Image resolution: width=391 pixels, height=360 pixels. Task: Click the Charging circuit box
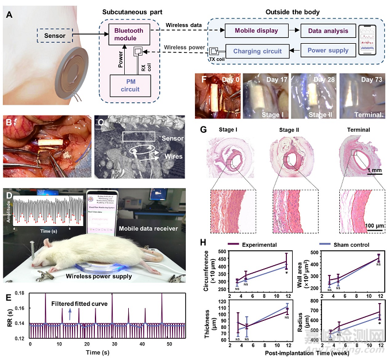coord(257,51)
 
